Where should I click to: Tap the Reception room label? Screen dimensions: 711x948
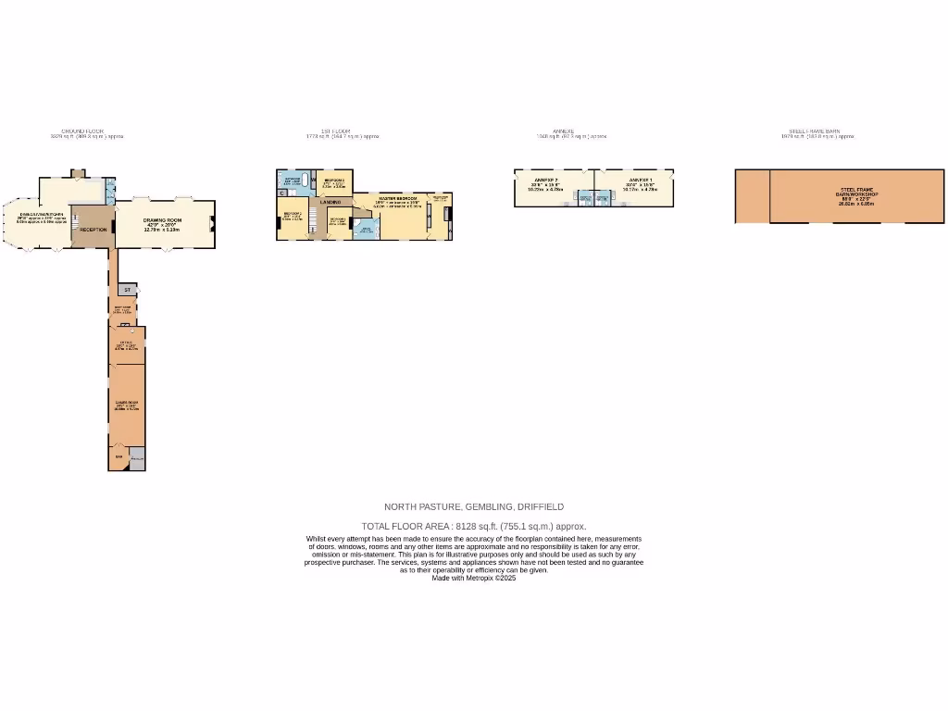(94, 229)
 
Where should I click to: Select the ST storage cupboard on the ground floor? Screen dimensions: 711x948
(128, 290)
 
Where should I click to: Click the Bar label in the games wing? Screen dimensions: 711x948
(118, 456)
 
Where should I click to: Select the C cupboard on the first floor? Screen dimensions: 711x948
(281, 193)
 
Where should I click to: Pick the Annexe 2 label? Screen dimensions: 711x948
(547, 180)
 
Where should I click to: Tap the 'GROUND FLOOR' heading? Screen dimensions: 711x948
(82, 131)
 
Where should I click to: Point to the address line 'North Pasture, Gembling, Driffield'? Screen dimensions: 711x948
(473, 506)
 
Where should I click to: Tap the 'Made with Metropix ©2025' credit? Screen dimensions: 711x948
(473, 578)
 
